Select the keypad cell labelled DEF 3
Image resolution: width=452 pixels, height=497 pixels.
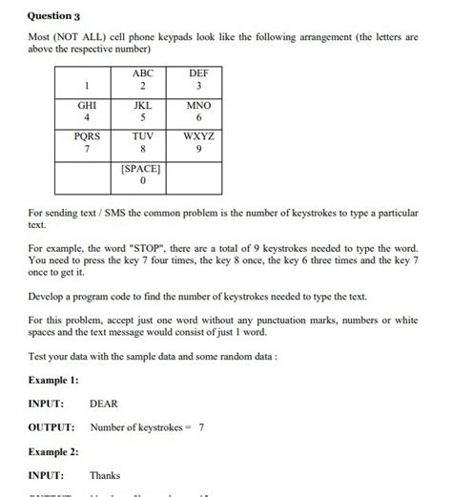coord(197,82)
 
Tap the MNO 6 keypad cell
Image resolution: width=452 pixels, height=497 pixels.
coord(197,114)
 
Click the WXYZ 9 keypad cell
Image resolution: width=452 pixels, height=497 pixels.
coord(197,145)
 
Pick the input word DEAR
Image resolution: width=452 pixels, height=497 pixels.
coord(103,404)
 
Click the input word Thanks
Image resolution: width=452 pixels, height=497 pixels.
coord(105,474)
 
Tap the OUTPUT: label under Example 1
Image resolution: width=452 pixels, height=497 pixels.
coord(52,427)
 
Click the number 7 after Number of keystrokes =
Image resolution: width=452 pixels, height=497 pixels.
coord(201,427)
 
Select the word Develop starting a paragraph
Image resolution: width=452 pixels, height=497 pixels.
coord(51,296)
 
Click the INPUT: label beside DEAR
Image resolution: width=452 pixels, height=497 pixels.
coord(48,404)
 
